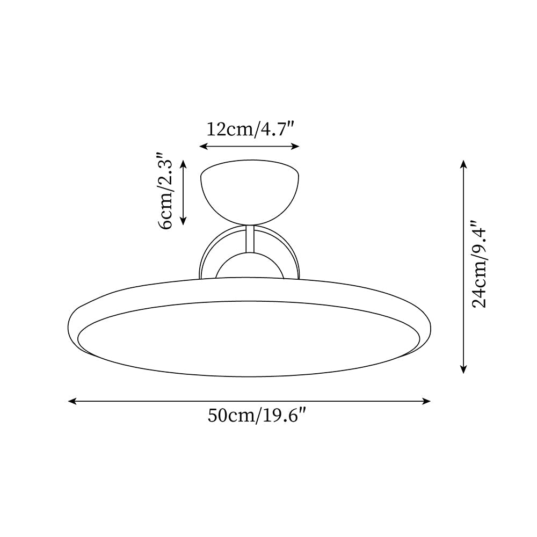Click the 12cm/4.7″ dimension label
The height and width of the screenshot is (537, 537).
[x=249, y=129]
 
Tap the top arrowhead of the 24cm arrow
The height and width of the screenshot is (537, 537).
[x=463, y=163]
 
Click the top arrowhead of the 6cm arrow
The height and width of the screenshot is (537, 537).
[x=183, y=163]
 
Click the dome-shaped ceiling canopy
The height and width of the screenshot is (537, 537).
[x=249, y=191]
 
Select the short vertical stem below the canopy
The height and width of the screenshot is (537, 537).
[x=249, y=239]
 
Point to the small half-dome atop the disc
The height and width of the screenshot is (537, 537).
[x=249, y=267]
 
